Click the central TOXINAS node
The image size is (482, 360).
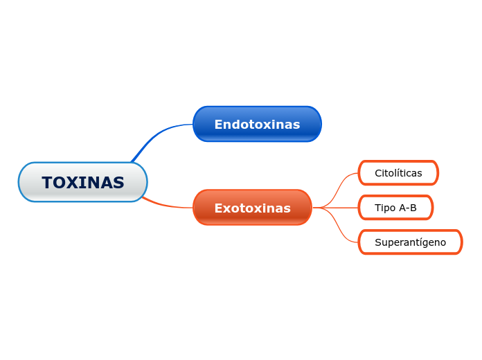tap(82, 182)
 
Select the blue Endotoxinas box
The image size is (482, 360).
tap(257, 124)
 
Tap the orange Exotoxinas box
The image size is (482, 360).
tap(252, 208)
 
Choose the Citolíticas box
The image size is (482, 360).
tap(398, 173)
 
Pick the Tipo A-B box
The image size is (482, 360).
tap(395, 208)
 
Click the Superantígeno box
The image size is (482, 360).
tap(410, 242)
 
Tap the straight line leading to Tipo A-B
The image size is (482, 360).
tap(339, 208)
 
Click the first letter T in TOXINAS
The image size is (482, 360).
tap(47, 183)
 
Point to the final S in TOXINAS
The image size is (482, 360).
tap(118, 183)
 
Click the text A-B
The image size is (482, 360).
tap(408, 208)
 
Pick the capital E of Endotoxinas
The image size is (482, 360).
tap(218, 125)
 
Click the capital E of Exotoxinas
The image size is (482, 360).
tap(218, 208)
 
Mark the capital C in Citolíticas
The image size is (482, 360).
tap(378, 173)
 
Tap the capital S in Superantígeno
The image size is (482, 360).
tap(378, 242)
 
